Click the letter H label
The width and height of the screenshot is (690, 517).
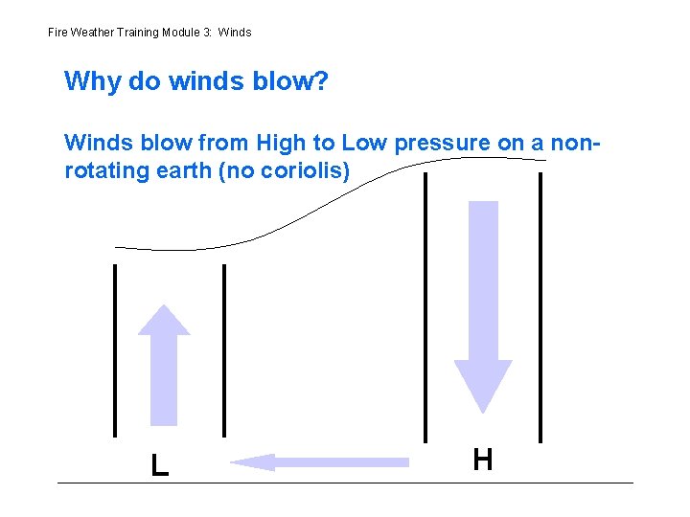pos(483,460)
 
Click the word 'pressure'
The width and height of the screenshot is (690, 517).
pos(440,144)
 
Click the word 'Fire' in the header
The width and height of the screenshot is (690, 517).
pos(57,33)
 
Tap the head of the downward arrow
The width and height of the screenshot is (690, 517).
pos(483,388)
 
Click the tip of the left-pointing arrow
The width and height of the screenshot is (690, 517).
pos(233,462)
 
